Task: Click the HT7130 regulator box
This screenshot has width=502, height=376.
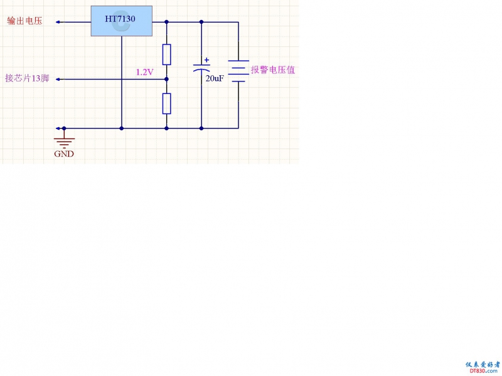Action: pos(122,20)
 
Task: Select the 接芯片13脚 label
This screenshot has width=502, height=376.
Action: pos(27,79)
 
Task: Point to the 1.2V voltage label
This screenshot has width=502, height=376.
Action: pos(144,72)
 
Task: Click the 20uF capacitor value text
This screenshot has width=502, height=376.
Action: pos(215,78)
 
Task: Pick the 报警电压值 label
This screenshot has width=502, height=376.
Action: pos(273,70)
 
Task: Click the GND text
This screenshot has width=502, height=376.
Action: pos(64,154)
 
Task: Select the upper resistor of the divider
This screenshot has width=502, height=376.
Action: pos(166,55)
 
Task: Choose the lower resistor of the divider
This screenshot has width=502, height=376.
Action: pos(166,103)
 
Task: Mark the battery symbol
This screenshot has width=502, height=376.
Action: pos(238,70)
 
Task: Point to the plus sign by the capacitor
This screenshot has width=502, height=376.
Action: pos(207,60)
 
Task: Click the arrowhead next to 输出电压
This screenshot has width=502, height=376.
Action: pos(58,22)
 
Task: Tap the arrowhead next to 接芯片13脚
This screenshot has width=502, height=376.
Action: pos(58,80)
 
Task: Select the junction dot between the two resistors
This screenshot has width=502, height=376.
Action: pos(166,80)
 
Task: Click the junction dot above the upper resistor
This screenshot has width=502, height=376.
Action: pos(166,22)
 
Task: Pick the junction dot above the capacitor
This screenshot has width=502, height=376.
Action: pos(201,22)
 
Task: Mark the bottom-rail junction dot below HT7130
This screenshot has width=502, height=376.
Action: pos(121,128)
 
